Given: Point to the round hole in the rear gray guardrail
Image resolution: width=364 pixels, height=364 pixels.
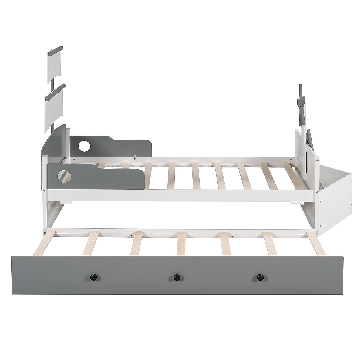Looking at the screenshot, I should (83, 146).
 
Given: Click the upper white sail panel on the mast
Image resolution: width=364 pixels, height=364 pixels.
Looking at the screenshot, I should (58, 65).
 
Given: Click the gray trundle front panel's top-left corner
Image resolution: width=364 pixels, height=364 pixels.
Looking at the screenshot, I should (12, 256).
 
